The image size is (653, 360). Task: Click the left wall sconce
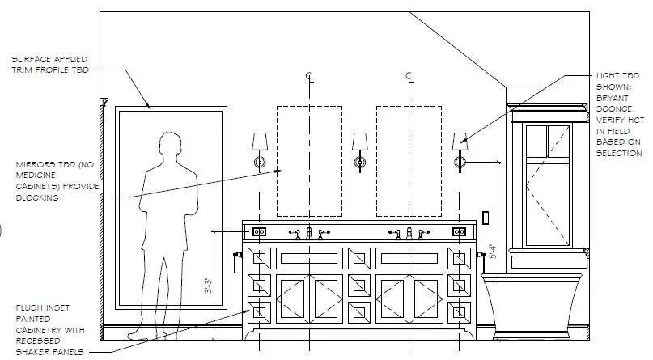click(x=260, y=150)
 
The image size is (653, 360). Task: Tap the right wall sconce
click(x=460, y=150)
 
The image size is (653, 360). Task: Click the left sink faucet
click(x=309, y=233)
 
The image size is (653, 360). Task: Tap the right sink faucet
click(x=409, y=233)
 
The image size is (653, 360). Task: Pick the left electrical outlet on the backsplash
click(x=260, y=231)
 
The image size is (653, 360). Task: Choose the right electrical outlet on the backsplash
click(x=460, y=231)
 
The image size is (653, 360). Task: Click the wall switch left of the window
click(x=486, y=217)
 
